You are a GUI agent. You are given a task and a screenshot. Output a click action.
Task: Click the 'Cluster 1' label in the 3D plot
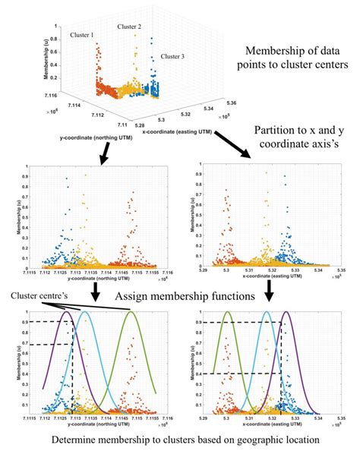[x=82, y=36]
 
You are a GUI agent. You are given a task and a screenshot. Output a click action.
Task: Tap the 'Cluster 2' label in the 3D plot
[x=129, y=27]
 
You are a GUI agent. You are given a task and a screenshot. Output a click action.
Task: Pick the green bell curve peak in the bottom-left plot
[x=132, y=312]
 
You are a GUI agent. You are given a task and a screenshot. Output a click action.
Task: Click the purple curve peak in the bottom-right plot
[x=286, y=312]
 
